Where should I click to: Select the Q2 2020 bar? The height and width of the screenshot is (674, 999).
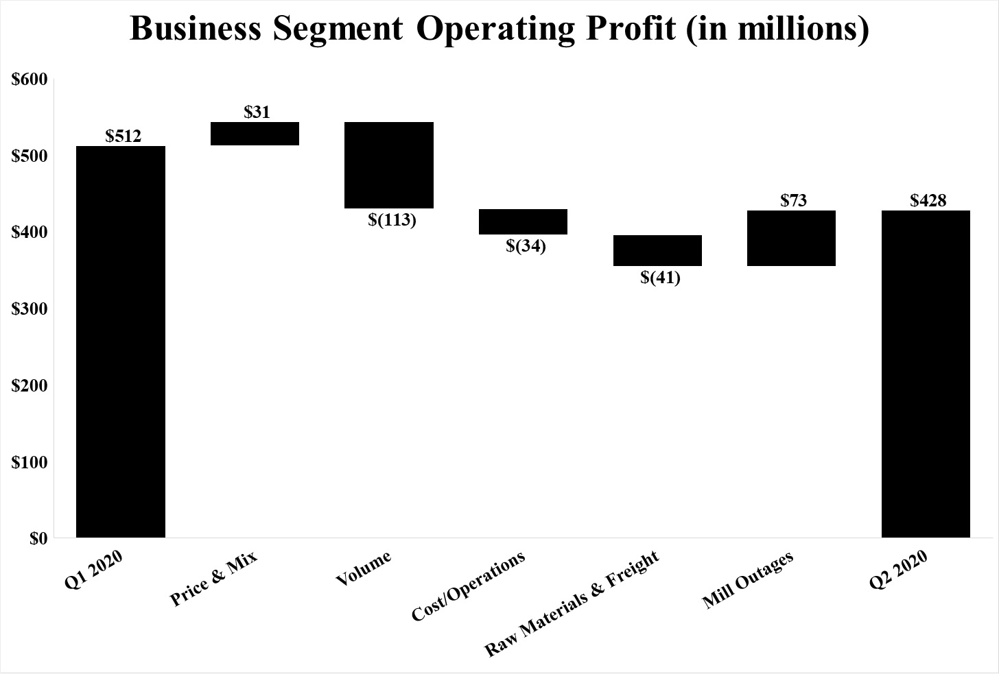click(926, 374)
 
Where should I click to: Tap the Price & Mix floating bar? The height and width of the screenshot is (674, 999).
click(255, 134)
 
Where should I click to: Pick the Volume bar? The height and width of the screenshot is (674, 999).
click(388, 165)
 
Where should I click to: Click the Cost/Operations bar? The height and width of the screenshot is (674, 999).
click(523, 221)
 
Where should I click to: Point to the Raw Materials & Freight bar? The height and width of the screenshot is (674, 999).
click(657, 250)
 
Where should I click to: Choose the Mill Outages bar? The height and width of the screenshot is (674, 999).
click(791, 238)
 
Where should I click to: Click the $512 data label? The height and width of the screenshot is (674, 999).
click(124, 136)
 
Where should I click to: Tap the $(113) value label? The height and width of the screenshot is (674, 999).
click(392, 220)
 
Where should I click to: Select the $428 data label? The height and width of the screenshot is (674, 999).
click(928, 200)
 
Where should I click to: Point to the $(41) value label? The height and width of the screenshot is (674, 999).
click(660, 278)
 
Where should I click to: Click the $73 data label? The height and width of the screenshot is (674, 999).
click(794, 200)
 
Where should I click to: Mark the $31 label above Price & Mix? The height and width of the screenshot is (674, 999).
click(257, 112)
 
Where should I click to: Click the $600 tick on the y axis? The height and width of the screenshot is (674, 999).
click(30, 80)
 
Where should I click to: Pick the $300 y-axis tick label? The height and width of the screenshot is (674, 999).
click(30, 309)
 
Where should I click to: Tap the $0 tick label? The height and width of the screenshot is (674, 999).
click(38, 539)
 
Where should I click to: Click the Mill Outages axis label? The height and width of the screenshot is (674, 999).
click(748, 580)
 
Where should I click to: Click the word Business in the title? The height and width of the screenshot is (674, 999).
click(196, 29)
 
